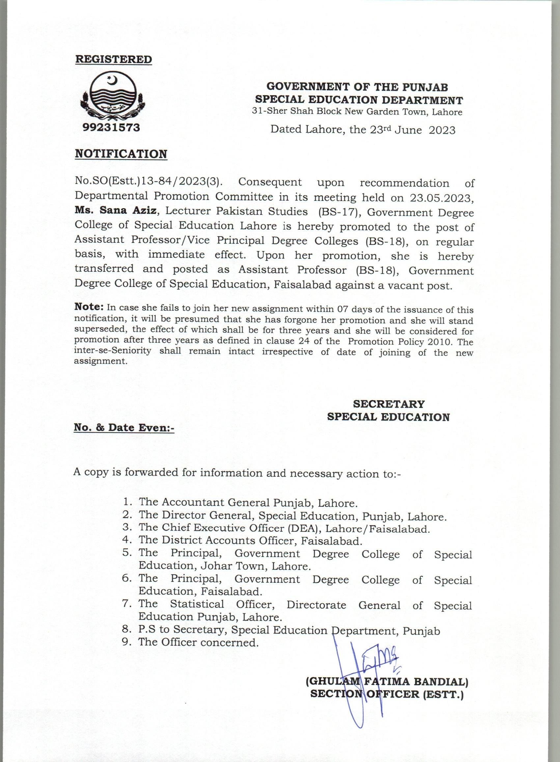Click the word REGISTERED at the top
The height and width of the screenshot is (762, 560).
[114, 59]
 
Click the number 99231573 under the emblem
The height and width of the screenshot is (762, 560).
[111, 128]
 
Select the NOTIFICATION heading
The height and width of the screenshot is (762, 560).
[121, 154]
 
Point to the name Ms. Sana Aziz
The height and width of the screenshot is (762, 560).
[116, 211]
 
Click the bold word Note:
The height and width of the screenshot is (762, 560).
[89, 307]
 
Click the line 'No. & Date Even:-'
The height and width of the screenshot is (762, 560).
[124, 428]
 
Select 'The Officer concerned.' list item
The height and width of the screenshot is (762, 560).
[198, 642]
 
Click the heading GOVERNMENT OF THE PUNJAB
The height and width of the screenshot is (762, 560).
[357, 87]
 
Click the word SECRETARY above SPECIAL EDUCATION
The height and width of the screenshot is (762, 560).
[388, 404]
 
